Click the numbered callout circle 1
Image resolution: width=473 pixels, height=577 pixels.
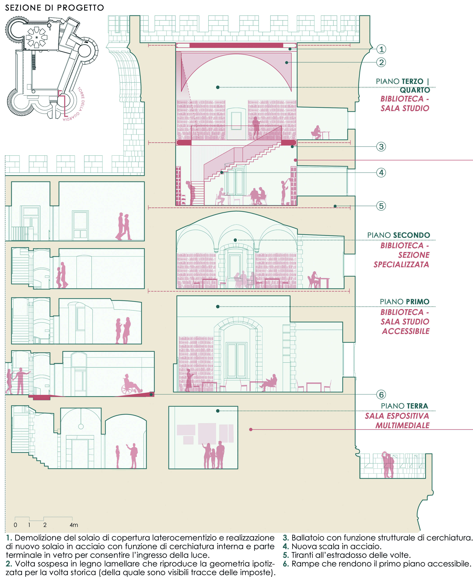(381, 49)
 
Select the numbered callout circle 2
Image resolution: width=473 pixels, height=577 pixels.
(381, 62)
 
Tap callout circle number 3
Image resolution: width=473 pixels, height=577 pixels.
(381, 147)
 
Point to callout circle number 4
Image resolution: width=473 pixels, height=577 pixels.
(381, 173)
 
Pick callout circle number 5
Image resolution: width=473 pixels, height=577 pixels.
(381, 206)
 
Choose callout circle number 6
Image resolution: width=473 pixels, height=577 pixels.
(381, 394)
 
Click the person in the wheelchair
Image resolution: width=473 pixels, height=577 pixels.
(131, 384)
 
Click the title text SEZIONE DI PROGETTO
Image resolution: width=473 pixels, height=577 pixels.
(55, 8)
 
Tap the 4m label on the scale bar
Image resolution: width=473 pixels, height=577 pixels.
(74, 525)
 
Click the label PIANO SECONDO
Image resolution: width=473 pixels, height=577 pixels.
(398, 235)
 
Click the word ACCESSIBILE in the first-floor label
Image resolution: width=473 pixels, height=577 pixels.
(405, 331)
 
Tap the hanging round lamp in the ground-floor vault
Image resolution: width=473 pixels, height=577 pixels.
(81, 426)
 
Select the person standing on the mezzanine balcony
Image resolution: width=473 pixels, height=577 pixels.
(256, 127)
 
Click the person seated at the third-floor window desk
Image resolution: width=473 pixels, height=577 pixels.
(317, 133)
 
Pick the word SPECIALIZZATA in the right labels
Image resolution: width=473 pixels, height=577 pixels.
(401, 264)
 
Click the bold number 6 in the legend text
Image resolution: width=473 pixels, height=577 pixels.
(285, 564)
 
